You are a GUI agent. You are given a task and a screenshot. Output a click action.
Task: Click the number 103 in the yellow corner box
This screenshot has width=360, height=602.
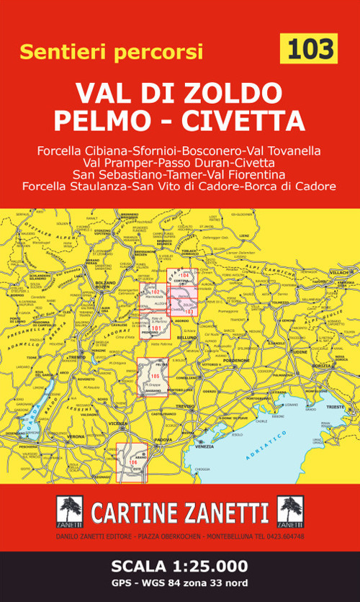click(311, 49)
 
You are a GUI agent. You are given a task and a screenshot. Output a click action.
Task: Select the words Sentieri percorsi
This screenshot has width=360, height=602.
click(112, 52)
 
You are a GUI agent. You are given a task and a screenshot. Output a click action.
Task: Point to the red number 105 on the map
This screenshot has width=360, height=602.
click(155, 376)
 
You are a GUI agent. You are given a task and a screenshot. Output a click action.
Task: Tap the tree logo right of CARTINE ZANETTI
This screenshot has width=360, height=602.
click(289, 511)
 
